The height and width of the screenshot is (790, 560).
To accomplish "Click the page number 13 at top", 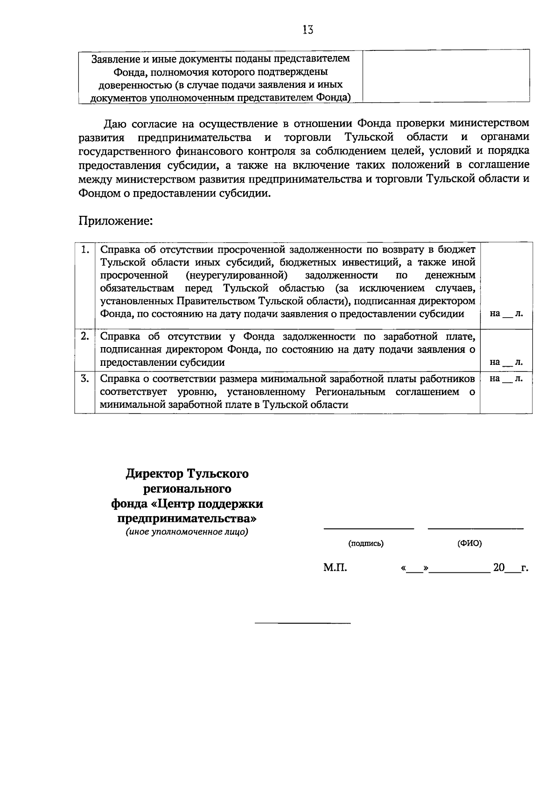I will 307,30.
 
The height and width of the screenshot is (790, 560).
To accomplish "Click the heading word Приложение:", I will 115,220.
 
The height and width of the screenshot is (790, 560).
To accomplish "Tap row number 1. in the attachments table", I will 85,249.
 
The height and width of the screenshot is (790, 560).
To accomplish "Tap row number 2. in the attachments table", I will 85,336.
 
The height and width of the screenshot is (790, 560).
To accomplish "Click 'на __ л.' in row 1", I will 506,314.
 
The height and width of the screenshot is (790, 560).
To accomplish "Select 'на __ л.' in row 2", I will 506,362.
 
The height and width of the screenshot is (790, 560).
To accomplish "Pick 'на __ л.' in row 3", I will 506,379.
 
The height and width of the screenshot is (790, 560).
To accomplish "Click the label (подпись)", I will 366,543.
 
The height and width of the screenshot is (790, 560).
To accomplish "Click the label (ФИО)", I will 469,543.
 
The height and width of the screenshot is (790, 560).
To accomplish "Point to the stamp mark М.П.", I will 335,568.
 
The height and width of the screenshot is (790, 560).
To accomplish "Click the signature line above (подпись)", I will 369,528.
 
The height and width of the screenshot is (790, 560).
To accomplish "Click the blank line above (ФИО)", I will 475,528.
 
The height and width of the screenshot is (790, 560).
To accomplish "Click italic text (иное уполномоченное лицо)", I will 187,532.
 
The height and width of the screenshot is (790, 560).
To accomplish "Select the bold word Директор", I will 155,474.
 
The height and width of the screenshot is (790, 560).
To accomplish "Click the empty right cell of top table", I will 446,76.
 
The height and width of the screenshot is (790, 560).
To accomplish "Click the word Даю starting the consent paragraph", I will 113,124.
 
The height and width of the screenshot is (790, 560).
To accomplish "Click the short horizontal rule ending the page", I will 302,623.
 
